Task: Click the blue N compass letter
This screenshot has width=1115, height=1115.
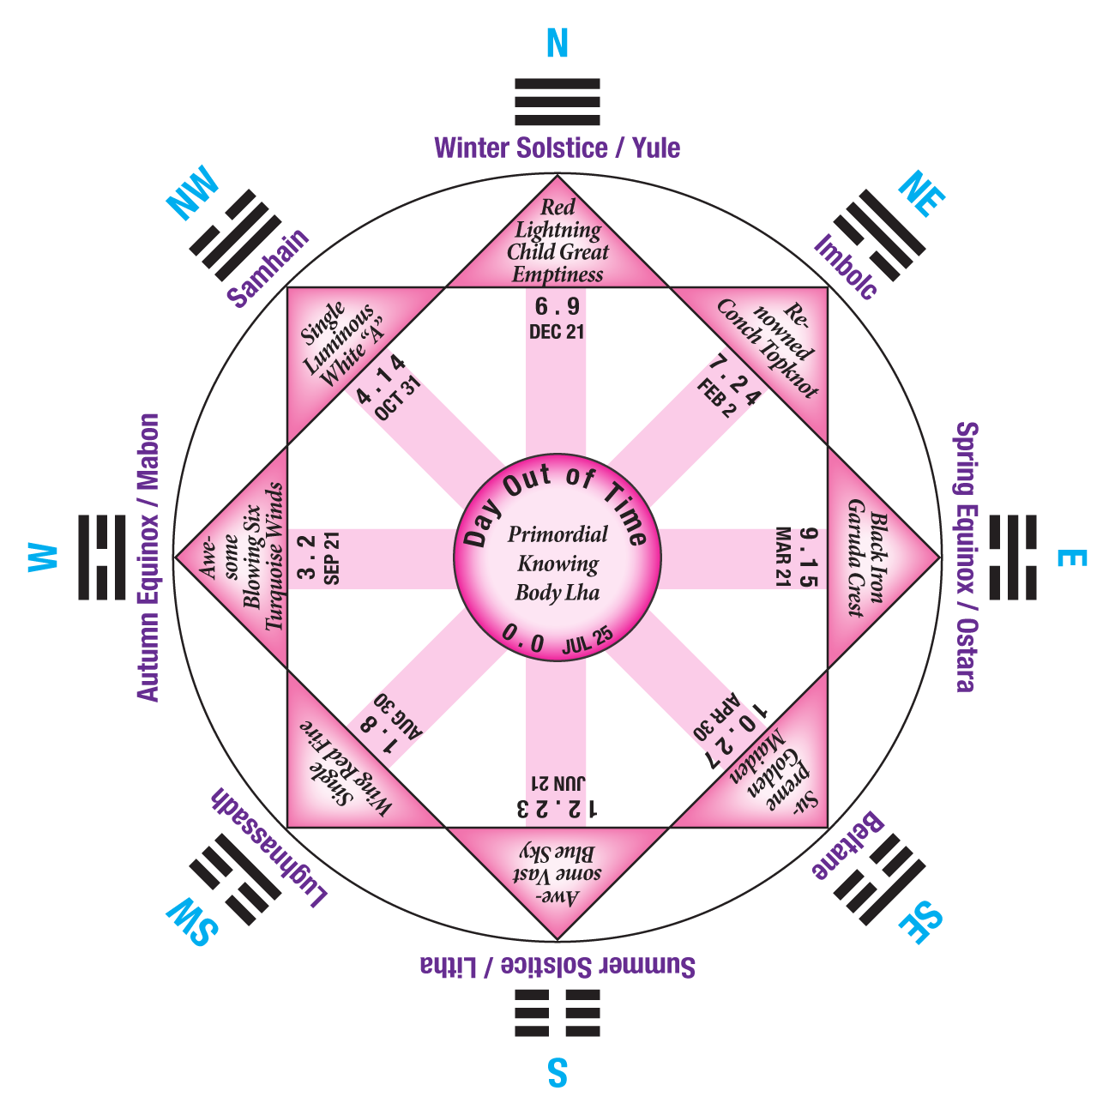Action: (x=557, y=43)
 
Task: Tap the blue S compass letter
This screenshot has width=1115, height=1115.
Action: (x=557, y=1072)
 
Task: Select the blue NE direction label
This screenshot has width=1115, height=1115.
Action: (x=920, y=196)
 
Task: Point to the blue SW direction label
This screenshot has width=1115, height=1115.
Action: (x=193, y=922)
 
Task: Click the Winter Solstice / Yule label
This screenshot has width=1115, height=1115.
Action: (x=557, y=148)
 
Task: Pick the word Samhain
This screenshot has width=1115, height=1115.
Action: (x=268, y=268)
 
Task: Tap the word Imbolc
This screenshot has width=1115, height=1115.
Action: (x=846, y=266)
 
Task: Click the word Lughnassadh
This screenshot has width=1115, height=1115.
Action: (x=268, y=849)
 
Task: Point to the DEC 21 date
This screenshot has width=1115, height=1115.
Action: (x=557, y=332)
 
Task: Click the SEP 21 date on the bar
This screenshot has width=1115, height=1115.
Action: (x=333, y=558)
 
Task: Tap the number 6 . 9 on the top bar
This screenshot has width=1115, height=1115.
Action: (x=557, y=307)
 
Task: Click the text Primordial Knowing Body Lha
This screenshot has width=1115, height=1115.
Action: (x=557, y=564)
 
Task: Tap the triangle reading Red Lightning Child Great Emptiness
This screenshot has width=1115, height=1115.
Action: (x=557, y=243)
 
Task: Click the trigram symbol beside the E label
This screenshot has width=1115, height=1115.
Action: (x=1012, y=557)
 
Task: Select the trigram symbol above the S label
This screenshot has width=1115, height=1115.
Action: (x=557, y=1014)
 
